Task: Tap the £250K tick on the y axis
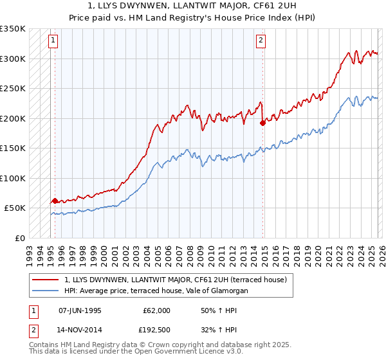[13, 89]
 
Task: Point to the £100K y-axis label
[13, 178]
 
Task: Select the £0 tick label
[19, 238]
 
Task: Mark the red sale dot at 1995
[55, 201]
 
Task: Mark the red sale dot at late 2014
[262, 123]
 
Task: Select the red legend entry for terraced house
[179, 280]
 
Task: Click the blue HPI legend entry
[156, 291]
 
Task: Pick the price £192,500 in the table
[156, 329]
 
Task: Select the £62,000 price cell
[156, 310]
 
